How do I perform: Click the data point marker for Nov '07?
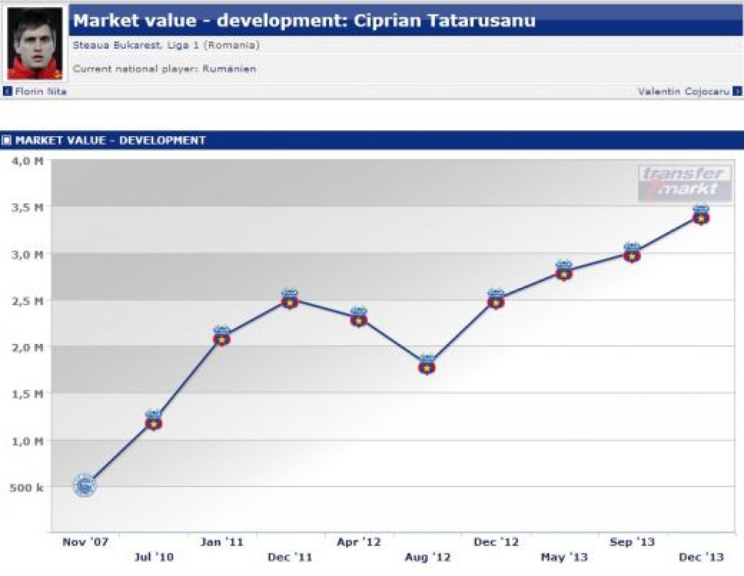[x=84, y=485]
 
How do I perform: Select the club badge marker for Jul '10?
[x=153, y=420]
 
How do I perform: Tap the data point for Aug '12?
[x=427, y=365]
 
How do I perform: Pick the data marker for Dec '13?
[x=700, y=215]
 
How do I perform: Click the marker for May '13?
[x=564, y=271]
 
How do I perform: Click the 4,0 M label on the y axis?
[x=28, y=161]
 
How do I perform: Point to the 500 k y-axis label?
[x=27, y=488]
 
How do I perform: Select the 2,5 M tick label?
[x=28, y=301]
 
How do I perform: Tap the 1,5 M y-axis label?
[x=28, y=394]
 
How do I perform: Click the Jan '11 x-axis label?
[x=221, y=542]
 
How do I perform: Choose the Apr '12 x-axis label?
[x=359, y=542]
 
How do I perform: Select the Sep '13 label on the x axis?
[x=632, y=542]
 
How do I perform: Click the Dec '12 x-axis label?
[x=496, y=542]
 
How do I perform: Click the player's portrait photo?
[x=35, y=43]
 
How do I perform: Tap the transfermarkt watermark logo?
[x=685, y=183]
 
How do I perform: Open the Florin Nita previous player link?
[x=41, y=91]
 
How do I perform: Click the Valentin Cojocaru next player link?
[x=684, y=91]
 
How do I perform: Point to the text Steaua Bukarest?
[x=117, y=45]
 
